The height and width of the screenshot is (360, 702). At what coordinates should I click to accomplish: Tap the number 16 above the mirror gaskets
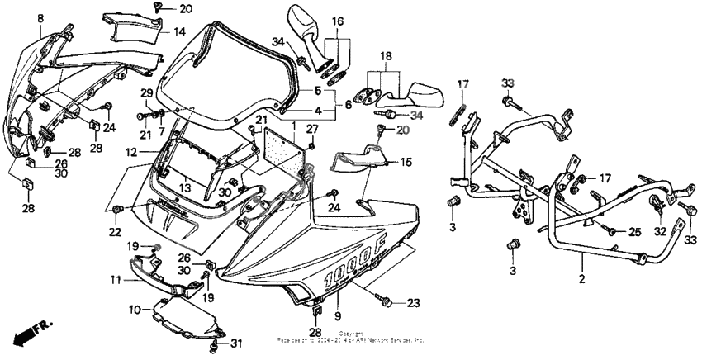pyautogui.click(x=338, y=21)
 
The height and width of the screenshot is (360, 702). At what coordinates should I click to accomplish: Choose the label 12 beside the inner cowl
pyautogui.click(x=130, y=153)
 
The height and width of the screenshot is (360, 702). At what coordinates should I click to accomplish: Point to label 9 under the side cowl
pyautogui.click(x=337, y=316)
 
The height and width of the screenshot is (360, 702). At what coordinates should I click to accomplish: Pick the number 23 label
pyautogui.click(x=412, y=302)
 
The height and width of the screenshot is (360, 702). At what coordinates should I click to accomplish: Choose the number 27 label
pyautogui.click(x=312, y=129)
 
